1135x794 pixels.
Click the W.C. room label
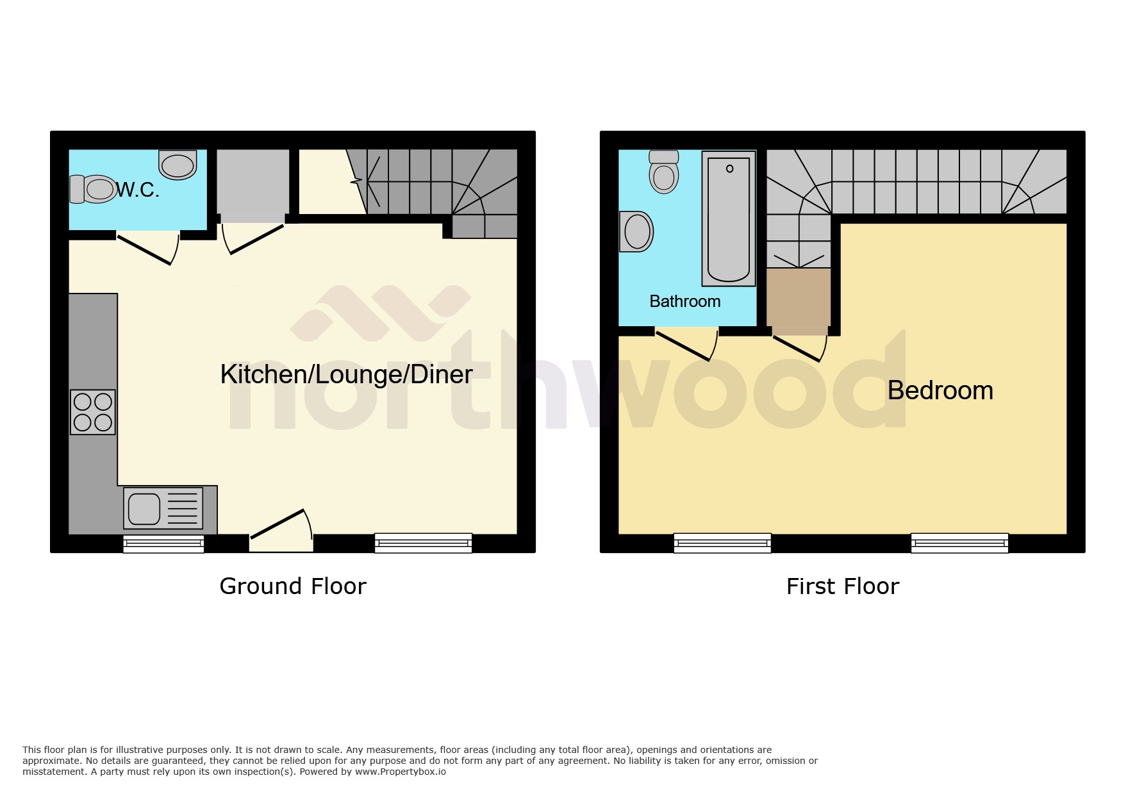137,190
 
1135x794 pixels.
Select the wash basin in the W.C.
178,165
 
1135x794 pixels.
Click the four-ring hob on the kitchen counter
93,412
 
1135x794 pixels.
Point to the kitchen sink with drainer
163,508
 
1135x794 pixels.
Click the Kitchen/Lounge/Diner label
346,374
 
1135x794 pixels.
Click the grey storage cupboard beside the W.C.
253,181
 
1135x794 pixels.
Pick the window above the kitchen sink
163,544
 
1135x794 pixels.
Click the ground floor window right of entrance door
423,543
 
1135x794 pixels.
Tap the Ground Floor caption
293,586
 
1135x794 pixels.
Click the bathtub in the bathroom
729,218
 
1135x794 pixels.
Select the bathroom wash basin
636,231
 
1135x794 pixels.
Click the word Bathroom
684,301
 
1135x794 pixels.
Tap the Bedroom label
940,390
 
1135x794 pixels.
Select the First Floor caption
842,586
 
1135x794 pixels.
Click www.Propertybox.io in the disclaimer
401,772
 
